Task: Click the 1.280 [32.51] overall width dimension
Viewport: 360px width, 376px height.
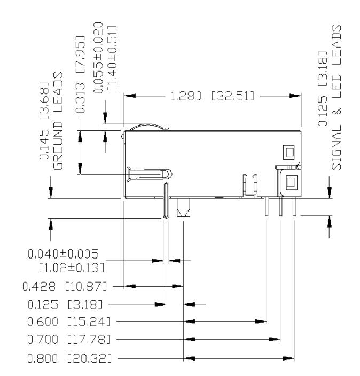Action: click(212, 96)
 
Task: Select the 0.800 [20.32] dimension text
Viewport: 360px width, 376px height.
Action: click(69, 358)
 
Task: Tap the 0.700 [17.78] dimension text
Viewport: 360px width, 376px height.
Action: click(69, 340)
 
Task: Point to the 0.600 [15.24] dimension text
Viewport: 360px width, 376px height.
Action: click(69, 322)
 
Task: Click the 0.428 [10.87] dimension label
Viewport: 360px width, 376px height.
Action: click(65, 286)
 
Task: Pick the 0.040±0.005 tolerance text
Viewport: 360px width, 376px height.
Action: click(63, 254)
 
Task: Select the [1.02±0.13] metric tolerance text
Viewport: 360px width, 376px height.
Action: click(72, 268)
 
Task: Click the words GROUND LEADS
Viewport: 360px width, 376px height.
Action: click(58, 121)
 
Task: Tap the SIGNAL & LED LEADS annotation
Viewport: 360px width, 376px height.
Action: click(336, 97)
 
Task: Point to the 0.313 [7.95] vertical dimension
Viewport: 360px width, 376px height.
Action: click(80, 74)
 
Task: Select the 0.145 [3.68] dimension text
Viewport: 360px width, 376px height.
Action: click(44, 121)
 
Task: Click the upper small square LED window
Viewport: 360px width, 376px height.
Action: click(289, 152)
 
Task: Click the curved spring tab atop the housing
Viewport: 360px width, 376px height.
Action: click(148, 126)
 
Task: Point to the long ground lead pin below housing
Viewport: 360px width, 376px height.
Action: click(166, 200)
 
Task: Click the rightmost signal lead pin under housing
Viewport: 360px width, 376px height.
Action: click(294, 206)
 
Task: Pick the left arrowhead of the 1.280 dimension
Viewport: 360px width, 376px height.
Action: click(130, 96)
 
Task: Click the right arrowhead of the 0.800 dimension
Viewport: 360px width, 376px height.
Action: click(288, 359)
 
